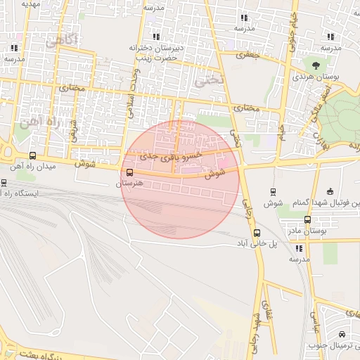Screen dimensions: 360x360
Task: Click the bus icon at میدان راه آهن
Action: click(x=32, y=156)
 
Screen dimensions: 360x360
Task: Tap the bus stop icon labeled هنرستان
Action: click(x=129, y=172)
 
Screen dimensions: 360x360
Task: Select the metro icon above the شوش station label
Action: click(x=273, y=191)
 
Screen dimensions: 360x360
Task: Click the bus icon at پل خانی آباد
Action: click(x=256, y=233)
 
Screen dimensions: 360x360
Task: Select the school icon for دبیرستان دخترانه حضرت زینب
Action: click(x=155, y=37)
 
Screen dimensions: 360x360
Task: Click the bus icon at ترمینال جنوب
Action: click(x=341, y=335)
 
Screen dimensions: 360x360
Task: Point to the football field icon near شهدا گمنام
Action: click(x=330, y=192)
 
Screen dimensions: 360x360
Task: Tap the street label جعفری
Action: click(x=247, y=53)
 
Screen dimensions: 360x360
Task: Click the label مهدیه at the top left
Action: click(x=29, y=4)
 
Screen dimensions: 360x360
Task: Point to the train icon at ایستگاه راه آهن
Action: click(x=4, y=182)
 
